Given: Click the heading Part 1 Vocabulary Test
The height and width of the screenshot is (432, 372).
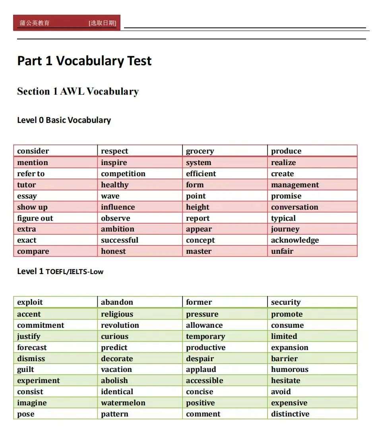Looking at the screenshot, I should pyautogui.click(x=84, y=61).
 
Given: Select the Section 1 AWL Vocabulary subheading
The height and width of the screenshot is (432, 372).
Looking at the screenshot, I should pyautogui.click(x=78, y=91).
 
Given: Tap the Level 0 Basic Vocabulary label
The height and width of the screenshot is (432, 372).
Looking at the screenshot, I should pyautogui.click(x=64, y=120).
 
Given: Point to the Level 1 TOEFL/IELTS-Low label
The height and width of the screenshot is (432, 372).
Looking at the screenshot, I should pyautogui.click(x=60, y=272).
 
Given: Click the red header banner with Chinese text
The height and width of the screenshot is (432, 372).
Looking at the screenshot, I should pyautogui.click(x=67, y=23).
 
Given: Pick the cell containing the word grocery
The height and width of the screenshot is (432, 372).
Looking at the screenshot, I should pyautogui.click(x=200, y=151).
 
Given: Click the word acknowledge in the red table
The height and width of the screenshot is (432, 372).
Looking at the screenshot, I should pyautogui.click(x=295, y=240).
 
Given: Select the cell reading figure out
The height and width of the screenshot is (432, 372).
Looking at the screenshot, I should pyautogui.click(x=35, y=218).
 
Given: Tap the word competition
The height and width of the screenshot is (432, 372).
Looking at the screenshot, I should pyautogui.click(x=123, y=174).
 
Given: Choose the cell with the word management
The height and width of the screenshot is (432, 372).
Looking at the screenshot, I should pyautogui.click(x=295, y=185).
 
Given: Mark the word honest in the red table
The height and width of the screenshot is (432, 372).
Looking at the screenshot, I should pyautogui.click(x=113, y=251).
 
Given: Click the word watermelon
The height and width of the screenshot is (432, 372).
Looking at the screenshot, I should pyautogui.click(x=123, y=403).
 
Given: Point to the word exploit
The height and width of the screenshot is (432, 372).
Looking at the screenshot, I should pyautogui.click(x=30, y=302).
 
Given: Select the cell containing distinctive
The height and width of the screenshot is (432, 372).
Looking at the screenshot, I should pyautogui.click(x=290, y=414).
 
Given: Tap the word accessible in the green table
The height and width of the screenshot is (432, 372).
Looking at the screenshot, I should pyautogui.click(x=205, y=381).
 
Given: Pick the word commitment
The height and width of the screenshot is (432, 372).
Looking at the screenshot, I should pyautogui.click(x=41, y=325).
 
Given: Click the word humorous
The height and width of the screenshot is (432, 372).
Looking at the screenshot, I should pyautogui.click(x=290, y=370).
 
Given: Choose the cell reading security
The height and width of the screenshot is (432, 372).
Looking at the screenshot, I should pyautogui.click(x=286, y=302).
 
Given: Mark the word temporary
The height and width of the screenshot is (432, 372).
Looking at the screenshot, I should pyautogui.click(x=205, y=337).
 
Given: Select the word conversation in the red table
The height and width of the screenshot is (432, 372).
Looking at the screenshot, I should pyautogui.click(x=294, y=207).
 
